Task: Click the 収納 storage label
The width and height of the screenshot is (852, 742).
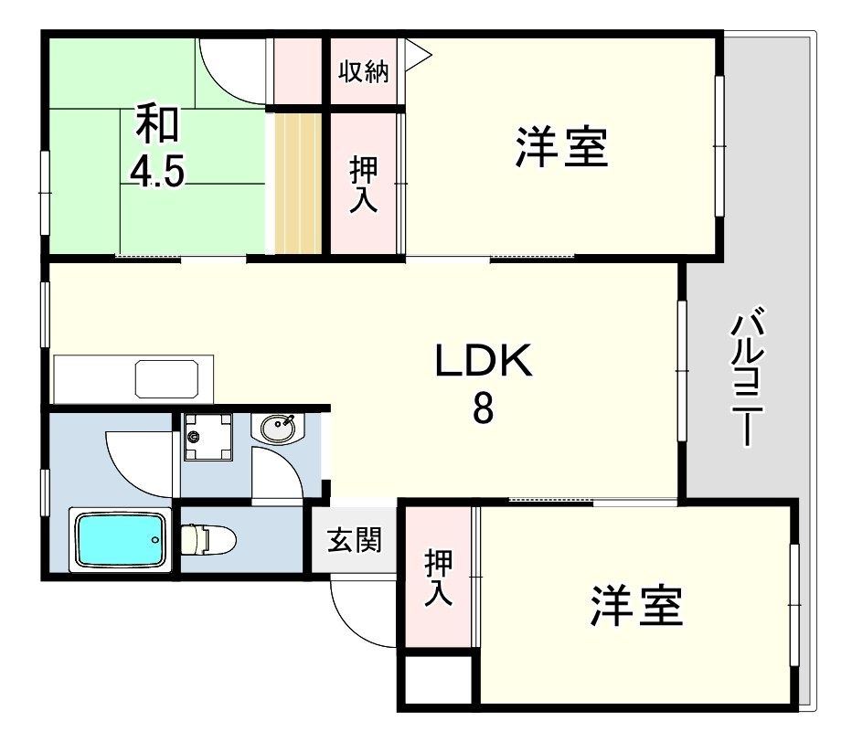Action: pos(364,72)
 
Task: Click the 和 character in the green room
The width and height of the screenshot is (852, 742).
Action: pos(157,125)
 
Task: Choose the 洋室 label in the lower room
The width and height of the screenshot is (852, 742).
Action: pos(637,606)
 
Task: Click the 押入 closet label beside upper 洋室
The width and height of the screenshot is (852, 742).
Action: pos(364,183)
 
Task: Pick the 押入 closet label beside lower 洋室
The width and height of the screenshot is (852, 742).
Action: pos(439,578)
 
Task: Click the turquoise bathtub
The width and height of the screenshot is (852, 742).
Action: pos(120,540)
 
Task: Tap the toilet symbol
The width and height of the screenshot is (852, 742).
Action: pos(208,539)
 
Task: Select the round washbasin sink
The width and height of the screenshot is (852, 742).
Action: pos(277,427)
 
